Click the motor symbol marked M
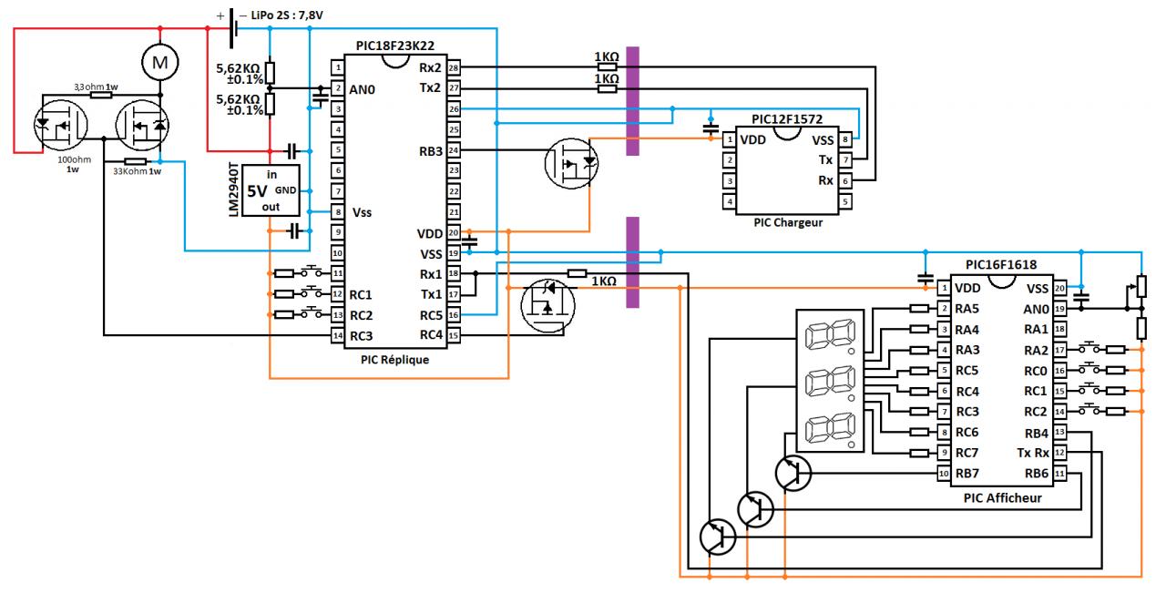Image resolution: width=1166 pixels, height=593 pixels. pyautogui.click(x=159, y=63)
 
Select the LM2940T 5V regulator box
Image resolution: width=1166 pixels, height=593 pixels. pyautogui.click(x=271, y=190)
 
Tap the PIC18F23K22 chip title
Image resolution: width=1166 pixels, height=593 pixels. pyautogui.click(x=395, y=46)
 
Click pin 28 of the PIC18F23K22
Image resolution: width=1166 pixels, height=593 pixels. pyautogui.click(x=454, y=67)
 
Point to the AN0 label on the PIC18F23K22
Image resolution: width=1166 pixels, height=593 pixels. pyautogui.click(x=362, y=89)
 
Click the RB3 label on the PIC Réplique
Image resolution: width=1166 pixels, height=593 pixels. pyautogui.click(x=431, y=151)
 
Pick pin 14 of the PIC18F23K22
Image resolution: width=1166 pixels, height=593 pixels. pyautogui.click(x=337, y=336)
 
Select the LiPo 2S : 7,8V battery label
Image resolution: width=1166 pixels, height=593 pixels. pyautogui.click(x=287, y=15)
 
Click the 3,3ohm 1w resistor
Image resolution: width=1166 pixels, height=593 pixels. pyautogui.click(x=97, y=95)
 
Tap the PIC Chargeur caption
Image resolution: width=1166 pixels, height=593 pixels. pyautogui.click(x=788, y=223)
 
